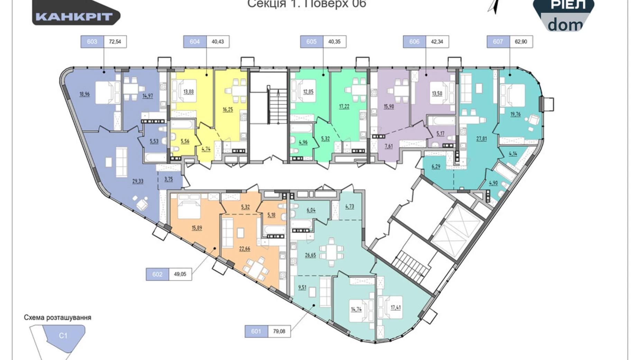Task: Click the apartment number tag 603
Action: [92, 42]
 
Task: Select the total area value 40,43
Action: [218, 42]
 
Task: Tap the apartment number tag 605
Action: [311, 42]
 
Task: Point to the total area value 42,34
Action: [437, 42]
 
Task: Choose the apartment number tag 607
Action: [498, 42]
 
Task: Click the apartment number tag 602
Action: [157, 274]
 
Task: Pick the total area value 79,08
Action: [279, 331]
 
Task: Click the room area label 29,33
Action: [138, 181]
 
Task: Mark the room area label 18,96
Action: [84, 94]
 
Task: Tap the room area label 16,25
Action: [228, 109]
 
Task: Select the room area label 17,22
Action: [344, 106]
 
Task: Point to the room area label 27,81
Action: [481, 138]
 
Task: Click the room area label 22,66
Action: [244, 249]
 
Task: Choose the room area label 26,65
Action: [310, 255]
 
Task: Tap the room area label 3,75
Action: [168, 179]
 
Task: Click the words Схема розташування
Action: [57, 317]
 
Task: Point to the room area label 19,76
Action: [515, 114]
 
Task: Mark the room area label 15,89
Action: [197, 228]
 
